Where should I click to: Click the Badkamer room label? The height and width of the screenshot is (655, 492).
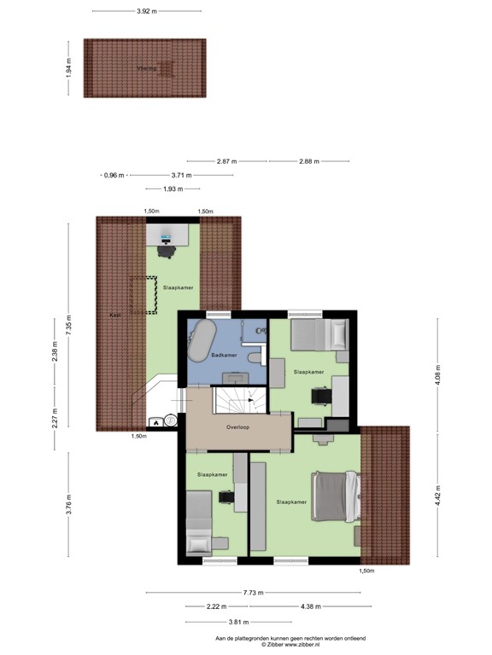tap(224, 354)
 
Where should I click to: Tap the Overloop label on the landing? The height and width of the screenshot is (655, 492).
tap(237, 426)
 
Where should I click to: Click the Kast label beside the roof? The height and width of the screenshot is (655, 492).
tap(115, 315)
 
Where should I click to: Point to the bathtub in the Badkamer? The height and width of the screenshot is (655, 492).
tap(201, 344)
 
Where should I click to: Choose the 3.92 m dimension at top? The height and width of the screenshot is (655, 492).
tap(148, 11)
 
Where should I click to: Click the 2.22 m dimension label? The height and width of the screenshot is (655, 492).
tap(217, 606)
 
